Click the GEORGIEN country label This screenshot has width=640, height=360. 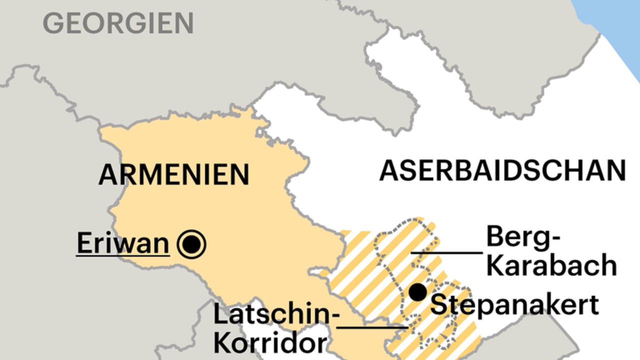[118, 23]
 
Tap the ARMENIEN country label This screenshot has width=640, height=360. [173, 174]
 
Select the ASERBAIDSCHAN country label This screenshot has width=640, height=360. [502, 170]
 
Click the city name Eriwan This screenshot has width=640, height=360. [122, 243]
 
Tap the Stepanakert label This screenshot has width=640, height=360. [514, 304]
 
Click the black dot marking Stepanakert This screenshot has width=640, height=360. [417, 292]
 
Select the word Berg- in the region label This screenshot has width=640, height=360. [523, 237]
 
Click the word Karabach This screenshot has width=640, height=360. [551, 265]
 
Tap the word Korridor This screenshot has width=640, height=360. [270, 343]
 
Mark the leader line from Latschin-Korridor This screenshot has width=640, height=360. [372, 328]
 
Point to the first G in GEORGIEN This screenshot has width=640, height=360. [53, 23]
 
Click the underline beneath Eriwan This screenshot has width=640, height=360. [122, 255]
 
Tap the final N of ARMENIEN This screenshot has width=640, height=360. [238, 174]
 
